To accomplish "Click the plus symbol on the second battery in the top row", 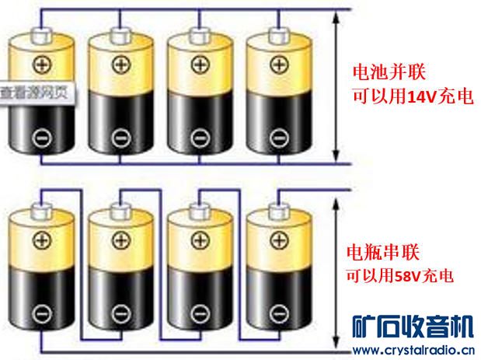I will pos(119,63).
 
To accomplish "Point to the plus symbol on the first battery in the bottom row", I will pos(40,239).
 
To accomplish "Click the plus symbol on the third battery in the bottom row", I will pos(198,239).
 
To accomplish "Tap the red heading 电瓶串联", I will pos(380,253).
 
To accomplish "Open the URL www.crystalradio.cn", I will pos(413,349).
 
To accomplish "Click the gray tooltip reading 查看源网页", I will pos(37,92).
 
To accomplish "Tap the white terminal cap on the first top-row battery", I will pos(40,34).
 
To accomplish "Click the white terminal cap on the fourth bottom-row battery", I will pos(277,210).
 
